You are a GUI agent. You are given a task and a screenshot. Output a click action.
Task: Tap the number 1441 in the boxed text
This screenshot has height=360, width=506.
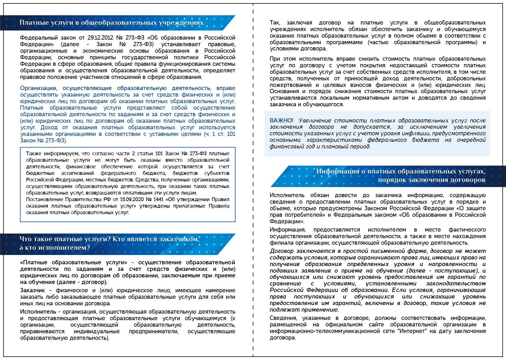click(159, 199)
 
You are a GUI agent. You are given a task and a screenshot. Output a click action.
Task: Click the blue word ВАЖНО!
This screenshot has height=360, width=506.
click(281, 120)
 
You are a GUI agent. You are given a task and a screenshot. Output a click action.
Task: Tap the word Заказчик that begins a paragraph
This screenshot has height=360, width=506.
click(32, 290)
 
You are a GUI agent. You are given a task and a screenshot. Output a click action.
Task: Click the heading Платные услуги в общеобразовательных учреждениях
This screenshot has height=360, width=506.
click(111, 23)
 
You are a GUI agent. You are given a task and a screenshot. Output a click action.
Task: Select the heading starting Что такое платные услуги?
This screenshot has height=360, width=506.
click(109, 243)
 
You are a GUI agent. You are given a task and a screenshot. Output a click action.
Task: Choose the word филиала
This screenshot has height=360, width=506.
click(279, 243)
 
